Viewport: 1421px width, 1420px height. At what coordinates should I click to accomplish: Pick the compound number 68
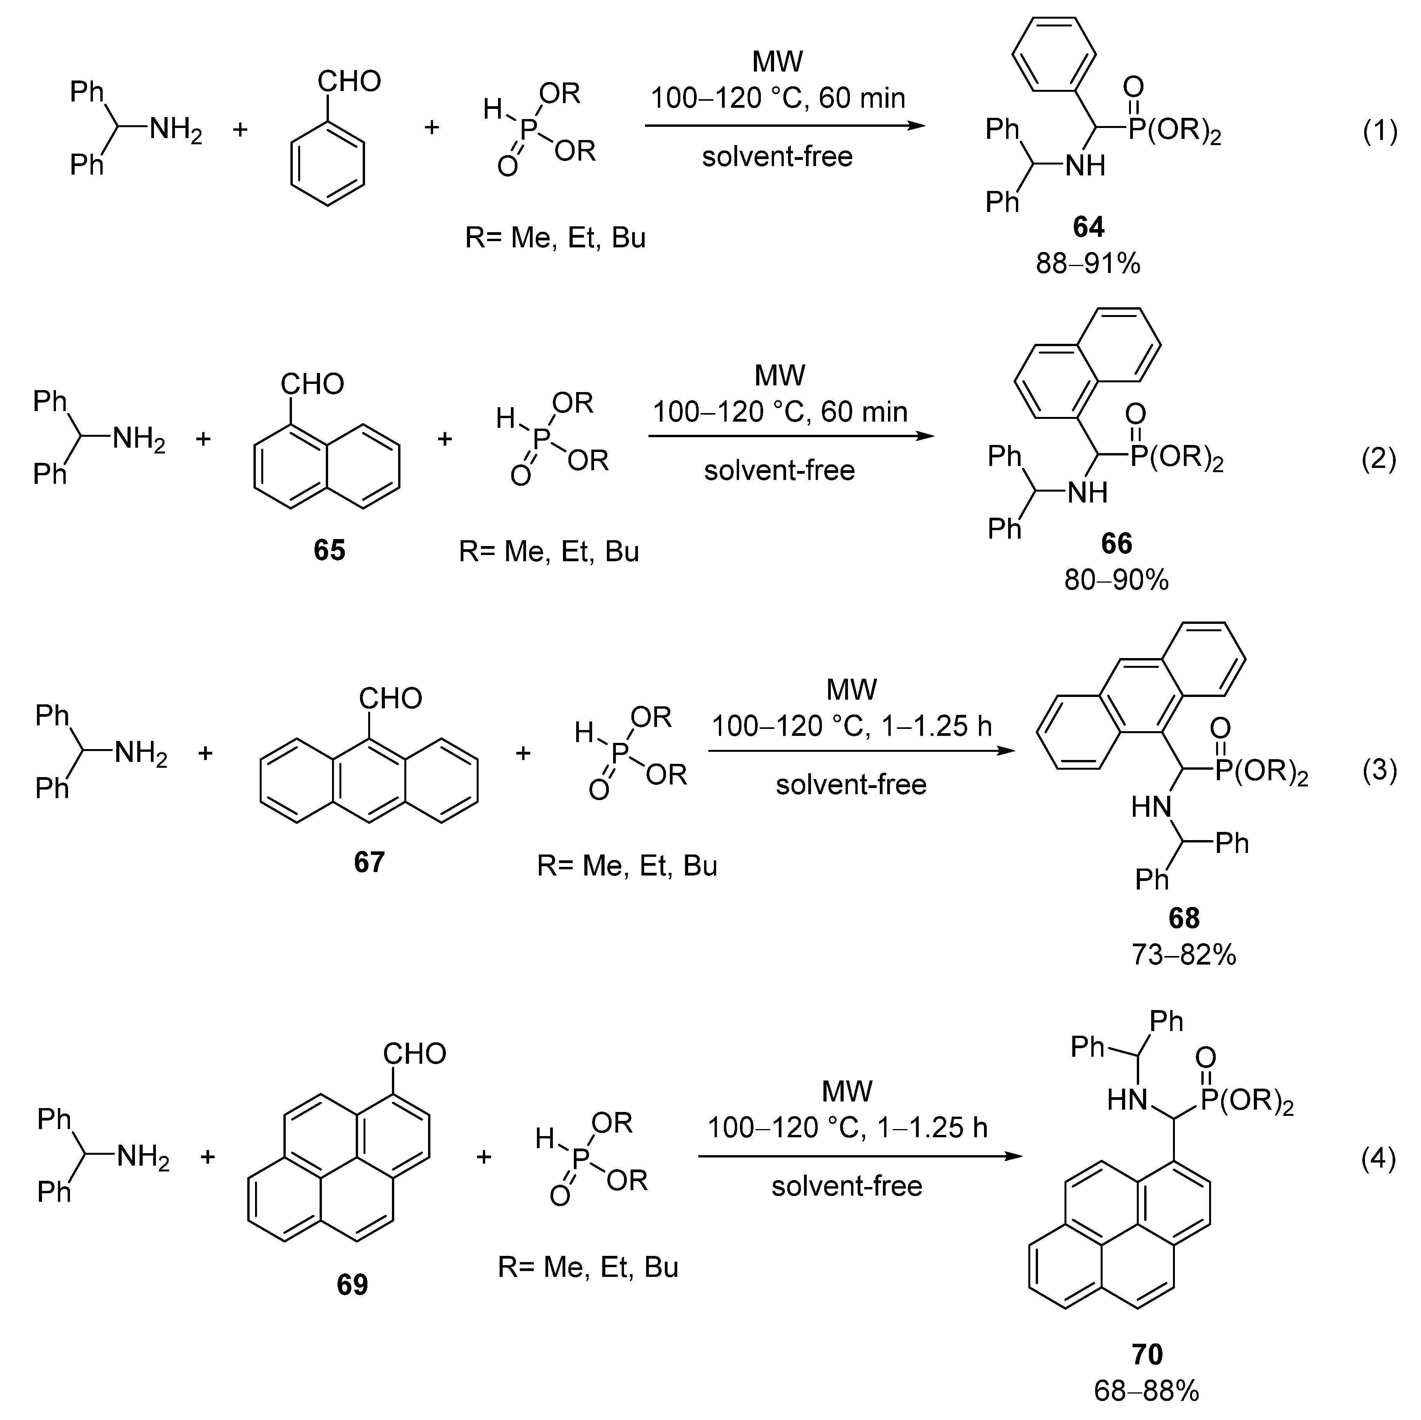point(1183,918)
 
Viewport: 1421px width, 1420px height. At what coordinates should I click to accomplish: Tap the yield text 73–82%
point(1183,955)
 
